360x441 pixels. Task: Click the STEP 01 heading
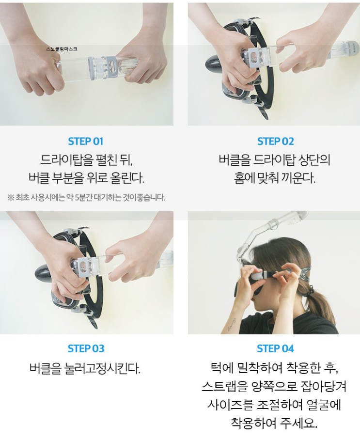click(85, 141)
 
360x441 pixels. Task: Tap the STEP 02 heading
click(275, 141)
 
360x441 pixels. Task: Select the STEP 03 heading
click(86, 348)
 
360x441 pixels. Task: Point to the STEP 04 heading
click(275, 348)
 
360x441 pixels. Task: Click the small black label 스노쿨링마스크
click(62, 49)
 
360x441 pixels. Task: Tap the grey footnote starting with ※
click(86, 197)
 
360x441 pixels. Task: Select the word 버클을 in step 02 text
click(235, 160)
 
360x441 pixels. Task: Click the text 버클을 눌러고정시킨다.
click(85, 368)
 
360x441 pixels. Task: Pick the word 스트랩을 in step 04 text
click(226, 386)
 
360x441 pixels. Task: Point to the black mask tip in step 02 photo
click(215, 63)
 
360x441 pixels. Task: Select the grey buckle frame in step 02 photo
click(254, 57)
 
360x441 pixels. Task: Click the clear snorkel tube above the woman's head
click(270, 231)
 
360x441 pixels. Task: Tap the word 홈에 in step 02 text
click(244, 178)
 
